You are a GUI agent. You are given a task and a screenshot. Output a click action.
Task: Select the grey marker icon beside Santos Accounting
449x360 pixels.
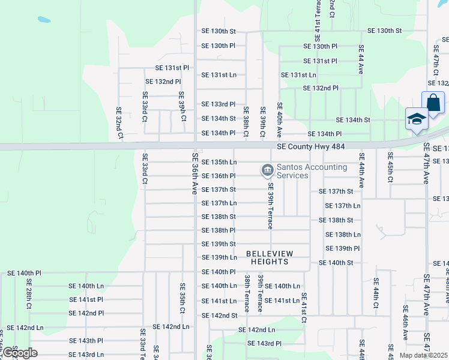tap(266, 171)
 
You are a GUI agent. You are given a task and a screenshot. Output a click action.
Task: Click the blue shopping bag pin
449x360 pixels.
tap(433, 103)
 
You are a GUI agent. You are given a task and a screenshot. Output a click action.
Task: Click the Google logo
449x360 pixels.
tap(19, 353)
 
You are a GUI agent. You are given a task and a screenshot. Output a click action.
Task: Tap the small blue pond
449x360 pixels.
tap(43, 19)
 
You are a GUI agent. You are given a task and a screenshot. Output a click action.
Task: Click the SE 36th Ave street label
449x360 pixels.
tap(194, 173)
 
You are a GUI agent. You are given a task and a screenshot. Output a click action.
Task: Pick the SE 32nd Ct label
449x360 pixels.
tap(119, 123)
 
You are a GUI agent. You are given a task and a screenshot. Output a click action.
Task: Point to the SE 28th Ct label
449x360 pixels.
tap(29, 298)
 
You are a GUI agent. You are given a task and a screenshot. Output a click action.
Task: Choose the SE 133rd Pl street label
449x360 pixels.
tap(218, 104)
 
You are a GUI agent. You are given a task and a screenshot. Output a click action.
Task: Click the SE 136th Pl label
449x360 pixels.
tap(218, 176)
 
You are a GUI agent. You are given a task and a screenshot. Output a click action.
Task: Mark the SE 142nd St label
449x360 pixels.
tap(218, 316)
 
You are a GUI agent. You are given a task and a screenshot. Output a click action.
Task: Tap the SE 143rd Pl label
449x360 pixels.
tap(264, 343)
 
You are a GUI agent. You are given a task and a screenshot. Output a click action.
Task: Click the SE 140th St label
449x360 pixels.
tap(336, 263)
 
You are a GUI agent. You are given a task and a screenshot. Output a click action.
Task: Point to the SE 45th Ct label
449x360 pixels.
tap(390, 172)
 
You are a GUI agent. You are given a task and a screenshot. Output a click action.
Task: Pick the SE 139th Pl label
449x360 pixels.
tap(342, 248)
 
